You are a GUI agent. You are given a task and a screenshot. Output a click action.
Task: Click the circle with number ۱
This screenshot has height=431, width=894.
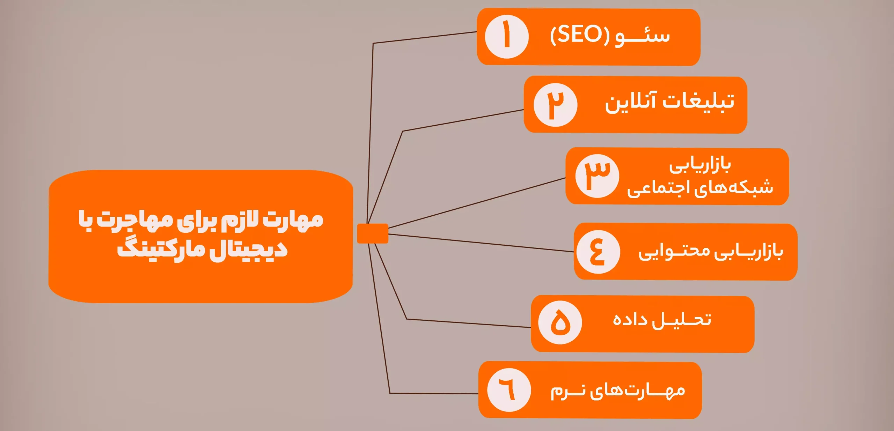coord(507,37)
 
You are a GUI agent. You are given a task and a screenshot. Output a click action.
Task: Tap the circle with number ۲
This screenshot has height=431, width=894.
coord(555,105)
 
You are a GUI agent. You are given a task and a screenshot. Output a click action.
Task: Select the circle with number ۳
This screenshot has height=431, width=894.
coord(597,176)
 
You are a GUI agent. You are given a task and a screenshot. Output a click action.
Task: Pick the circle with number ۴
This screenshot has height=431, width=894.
coord(598,252)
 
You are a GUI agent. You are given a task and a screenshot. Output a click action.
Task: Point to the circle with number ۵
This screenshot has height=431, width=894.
coord(560,322)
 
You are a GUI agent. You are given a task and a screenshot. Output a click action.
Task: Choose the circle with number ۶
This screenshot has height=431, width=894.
coord(509,390)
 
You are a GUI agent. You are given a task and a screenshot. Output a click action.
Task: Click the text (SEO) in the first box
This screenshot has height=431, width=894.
coord(580,35)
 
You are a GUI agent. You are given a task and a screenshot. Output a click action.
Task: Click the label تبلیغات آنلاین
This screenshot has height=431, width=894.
coord(669,102)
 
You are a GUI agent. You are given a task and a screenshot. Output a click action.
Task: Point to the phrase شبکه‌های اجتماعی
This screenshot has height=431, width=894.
coord(700,188)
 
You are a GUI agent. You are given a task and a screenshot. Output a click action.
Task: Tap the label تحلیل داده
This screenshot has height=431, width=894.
coord(662,320)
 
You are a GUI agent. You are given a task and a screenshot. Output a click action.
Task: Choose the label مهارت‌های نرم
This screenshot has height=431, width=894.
coord(617,391)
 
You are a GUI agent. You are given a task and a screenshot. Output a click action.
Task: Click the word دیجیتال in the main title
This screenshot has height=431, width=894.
coord(248,250)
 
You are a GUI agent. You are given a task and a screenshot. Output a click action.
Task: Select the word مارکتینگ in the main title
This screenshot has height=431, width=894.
coord(161,250)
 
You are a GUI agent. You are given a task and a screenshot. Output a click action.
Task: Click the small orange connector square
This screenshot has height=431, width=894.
coord(372,233)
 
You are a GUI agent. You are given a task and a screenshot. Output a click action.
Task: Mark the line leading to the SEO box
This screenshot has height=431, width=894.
coord(424,37)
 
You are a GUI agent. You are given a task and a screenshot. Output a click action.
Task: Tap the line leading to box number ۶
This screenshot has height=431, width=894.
coord(433,393)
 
